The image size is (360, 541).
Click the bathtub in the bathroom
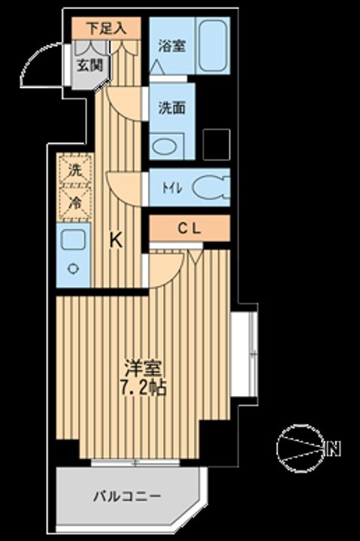pos(213,45)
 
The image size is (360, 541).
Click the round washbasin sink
pos(163,144)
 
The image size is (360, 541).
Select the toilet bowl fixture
pos(210,187)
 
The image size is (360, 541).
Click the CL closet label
pos(189,229)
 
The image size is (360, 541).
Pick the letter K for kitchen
pos(116,240)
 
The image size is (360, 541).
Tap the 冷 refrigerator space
pos(74,202)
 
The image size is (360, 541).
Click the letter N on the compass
pos(334,451)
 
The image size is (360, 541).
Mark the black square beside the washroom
pos(216,142)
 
